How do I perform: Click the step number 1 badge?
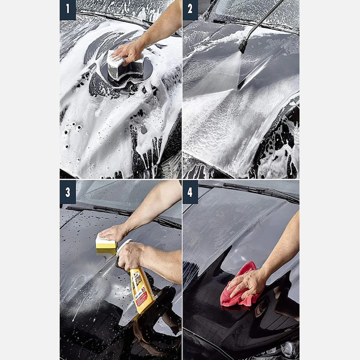(x=67, y=10)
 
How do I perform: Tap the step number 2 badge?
(x=190, y=10)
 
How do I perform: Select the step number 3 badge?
(x=67, y=192)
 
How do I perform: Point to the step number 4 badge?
(x=190, y=192)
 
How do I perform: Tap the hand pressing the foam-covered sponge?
(x=127, y=52)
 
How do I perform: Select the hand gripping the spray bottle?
(x=132, y=256)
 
